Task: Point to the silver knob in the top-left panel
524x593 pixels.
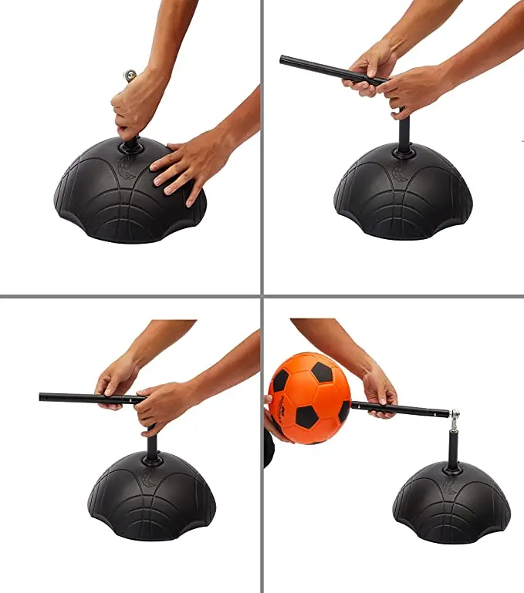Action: coord(129,76)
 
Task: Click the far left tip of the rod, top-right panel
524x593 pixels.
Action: coord(283,59)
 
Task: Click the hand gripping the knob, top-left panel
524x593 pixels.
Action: coord(137,108)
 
